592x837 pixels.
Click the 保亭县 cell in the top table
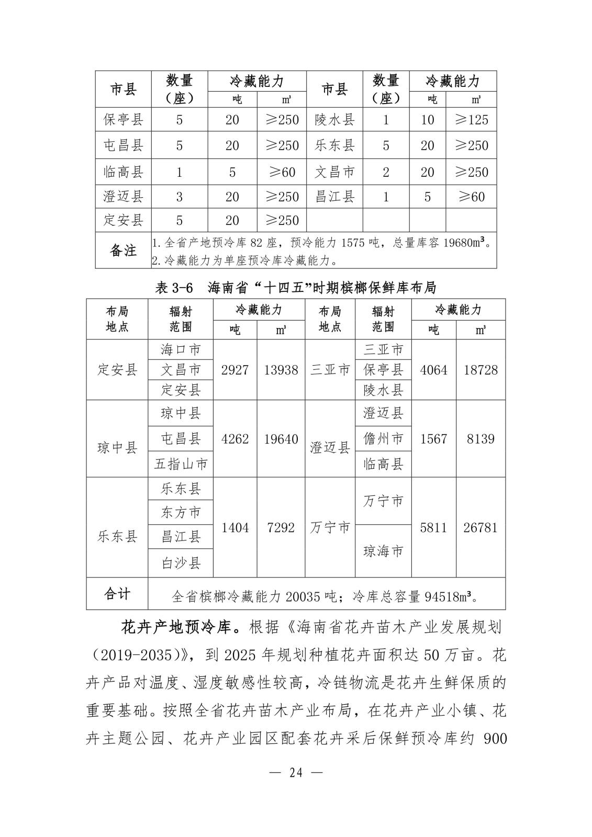pos(123,120)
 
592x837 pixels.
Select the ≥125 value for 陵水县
pos(471,120)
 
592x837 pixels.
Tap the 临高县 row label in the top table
pos(123,172)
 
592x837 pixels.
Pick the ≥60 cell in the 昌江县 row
pos(471,197)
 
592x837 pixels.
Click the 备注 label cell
pos(123,251)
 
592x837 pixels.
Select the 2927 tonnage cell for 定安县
pos(235,370)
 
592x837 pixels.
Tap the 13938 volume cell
pos(281,370)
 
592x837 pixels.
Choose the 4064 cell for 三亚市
pos(434,370)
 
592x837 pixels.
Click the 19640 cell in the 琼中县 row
pos(281,439)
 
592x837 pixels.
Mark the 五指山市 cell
pos(181,464)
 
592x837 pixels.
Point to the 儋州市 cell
pos(383,439)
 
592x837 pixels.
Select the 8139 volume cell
pos(481,439)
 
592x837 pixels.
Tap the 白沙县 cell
pos(181,563)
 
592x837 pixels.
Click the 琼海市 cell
pos(383,551)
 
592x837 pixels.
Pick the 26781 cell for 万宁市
pos(481,527)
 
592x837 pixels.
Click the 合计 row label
pos(117,594)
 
